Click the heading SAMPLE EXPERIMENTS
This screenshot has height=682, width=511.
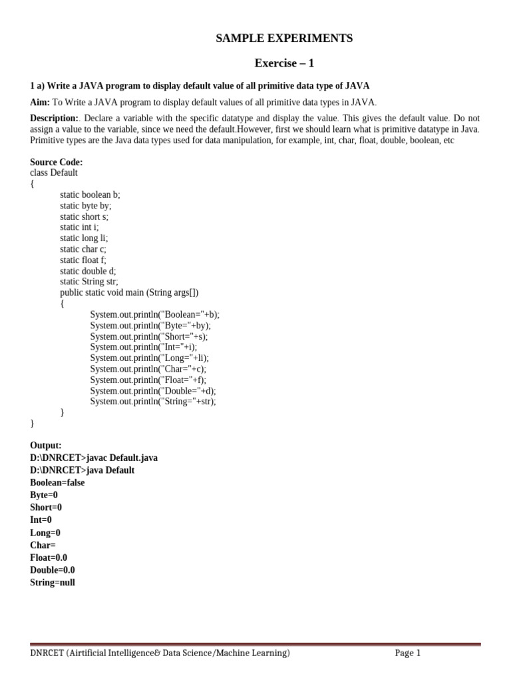click(284, 39)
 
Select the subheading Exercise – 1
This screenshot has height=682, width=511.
click(284, 63)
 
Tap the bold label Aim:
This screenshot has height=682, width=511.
click(40, 102)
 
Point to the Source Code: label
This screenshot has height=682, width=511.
click(57, 162)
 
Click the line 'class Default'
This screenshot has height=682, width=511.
click(54, 172)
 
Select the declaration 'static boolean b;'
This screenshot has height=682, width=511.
click(90, 194)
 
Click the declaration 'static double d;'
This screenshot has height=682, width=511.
click(88, 271)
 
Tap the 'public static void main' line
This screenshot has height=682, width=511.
click(129, 292)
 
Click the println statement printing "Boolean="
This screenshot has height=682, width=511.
click(154, 314)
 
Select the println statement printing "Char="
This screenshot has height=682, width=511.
click(148, 369)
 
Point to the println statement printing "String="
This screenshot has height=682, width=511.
click(153, 402)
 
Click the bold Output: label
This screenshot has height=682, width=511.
click(46, 445)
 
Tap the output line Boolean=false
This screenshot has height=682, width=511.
click(57, 482)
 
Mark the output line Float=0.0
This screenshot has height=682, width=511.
click(49, 557)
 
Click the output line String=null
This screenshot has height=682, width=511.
click(53, 582)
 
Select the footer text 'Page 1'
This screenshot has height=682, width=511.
click(408, 653)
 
